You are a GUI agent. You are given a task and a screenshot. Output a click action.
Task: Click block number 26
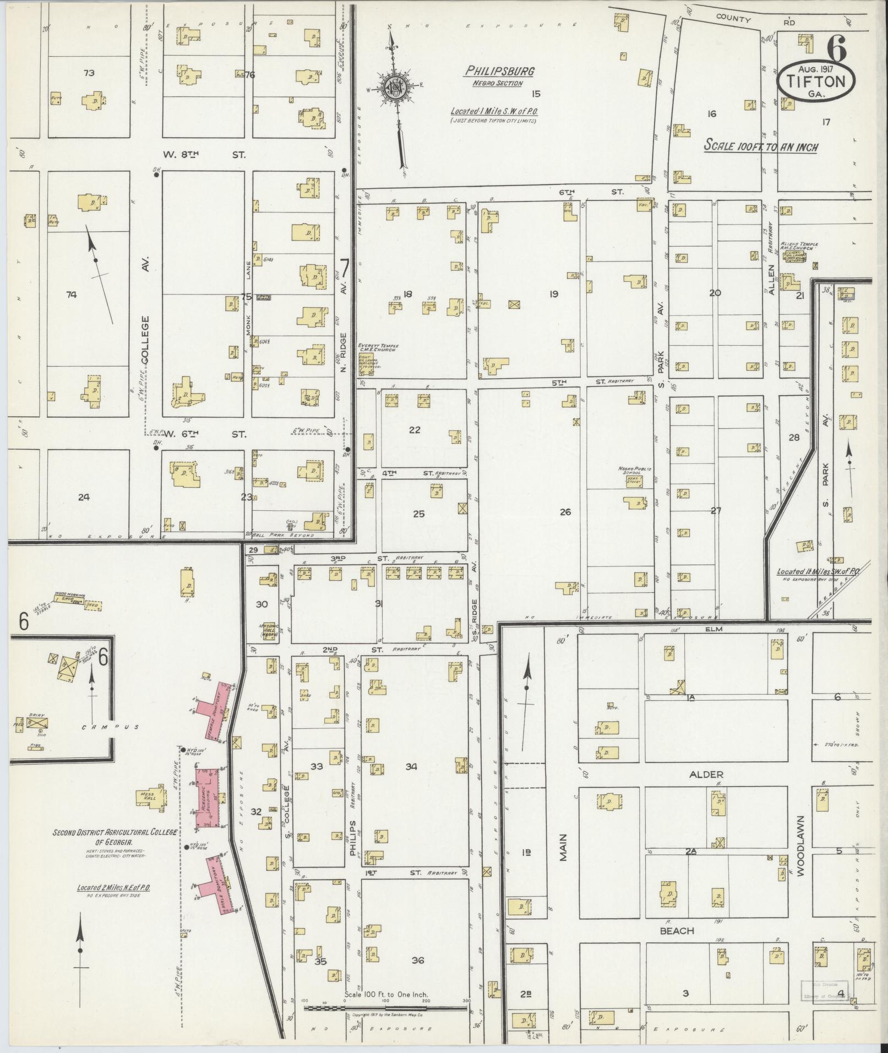tap(565, 512)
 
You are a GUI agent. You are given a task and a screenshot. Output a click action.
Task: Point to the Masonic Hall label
tap(267, 630)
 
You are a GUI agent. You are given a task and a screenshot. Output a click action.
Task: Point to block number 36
tap(417, 960)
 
